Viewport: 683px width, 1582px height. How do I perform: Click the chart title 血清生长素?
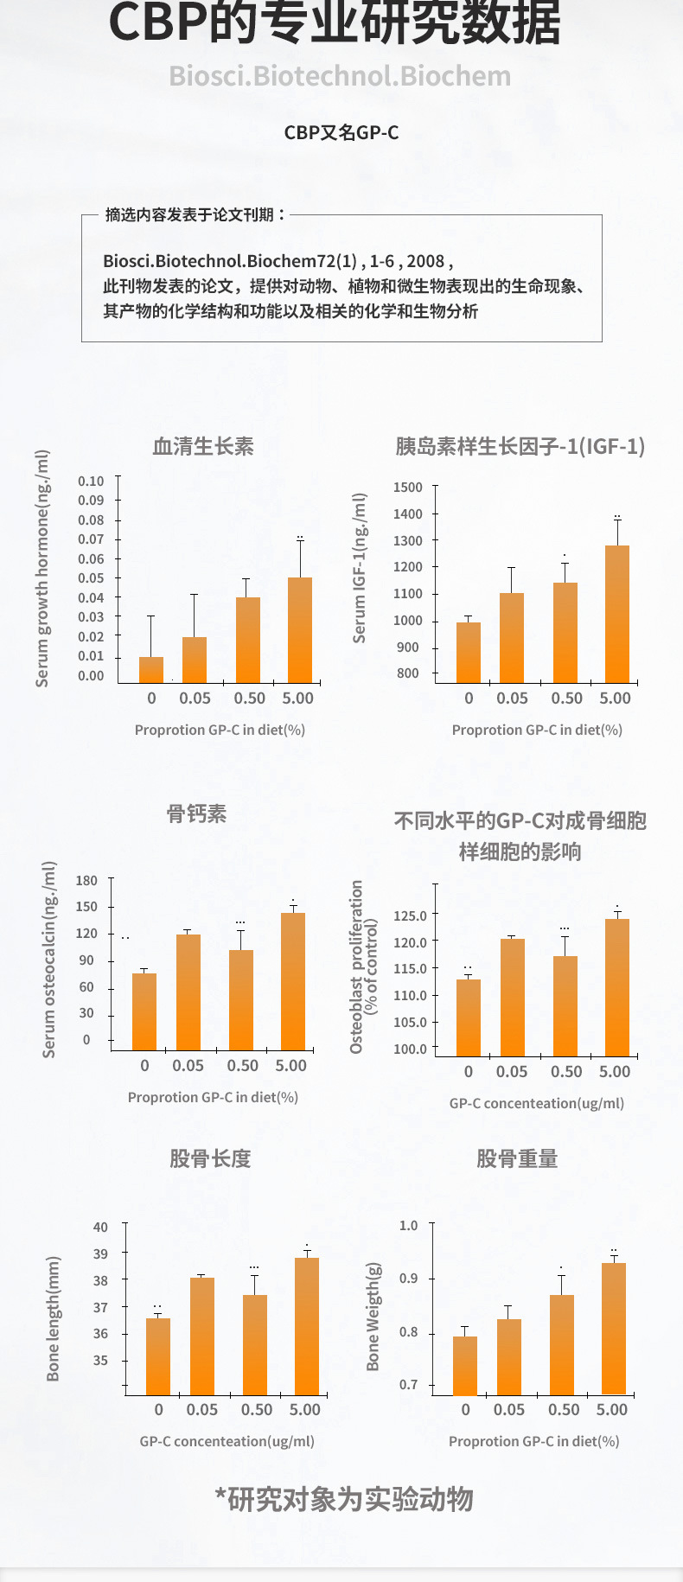[203, 446]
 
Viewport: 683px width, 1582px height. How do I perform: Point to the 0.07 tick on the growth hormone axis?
[91, 539]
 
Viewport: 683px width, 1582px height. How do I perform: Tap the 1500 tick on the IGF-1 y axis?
[408, 488]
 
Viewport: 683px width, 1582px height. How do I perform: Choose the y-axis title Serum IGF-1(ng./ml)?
[360, 568]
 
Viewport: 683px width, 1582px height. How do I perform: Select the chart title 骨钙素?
[196, 813]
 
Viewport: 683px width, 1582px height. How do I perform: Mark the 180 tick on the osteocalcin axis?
[86, 881]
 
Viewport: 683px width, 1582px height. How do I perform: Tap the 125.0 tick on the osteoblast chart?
[410, 915]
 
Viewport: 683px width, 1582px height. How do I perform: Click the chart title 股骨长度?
[210, 1158]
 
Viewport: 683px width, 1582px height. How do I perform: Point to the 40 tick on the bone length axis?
[101, 1228]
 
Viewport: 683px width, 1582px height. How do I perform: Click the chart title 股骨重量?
[517, 1158]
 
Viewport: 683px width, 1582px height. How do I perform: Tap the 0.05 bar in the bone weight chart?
[509, 1356]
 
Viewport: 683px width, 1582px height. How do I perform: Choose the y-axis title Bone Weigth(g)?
[373, 1317]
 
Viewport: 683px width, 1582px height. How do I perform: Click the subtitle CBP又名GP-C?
[341, 132]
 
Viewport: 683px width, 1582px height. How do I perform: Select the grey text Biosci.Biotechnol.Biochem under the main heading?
[340, 76]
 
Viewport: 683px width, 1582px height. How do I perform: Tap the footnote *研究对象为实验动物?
[344, 1499]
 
